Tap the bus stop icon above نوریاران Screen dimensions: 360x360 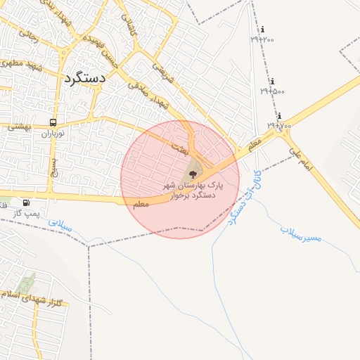(53, 122)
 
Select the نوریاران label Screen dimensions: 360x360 (52, 133)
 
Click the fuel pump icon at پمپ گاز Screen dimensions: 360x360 (27, 203)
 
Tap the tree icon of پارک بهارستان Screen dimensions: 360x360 (193, 173)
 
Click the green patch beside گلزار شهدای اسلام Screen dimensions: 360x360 (27, 284)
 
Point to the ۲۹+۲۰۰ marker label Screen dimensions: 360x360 (263, 39)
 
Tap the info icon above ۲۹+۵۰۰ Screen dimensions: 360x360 (272, 82)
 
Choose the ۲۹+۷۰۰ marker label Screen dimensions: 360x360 (279, 125)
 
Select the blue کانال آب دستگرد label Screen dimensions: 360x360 (244, 195)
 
